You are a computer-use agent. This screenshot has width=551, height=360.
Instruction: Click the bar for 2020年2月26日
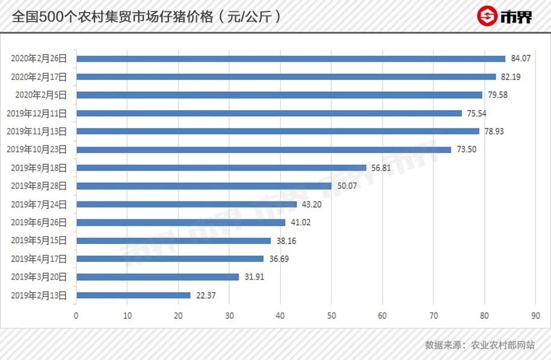(x=291, y=59)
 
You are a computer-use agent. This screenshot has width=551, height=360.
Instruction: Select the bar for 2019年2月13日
(x=133, y=295)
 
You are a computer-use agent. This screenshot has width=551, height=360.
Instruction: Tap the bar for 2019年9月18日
(x=221, y=168)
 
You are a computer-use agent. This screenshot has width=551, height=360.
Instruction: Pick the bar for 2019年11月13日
(x=277, y=131)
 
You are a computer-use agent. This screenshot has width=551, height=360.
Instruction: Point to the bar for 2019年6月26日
(x=180, y=222)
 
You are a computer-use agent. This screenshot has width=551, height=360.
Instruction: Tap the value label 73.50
(x=467, y=150)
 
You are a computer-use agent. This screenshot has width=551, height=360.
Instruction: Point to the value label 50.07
(x=347, y=186)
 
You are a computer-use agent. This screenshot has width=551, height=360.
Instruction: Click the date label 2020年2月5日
(x=41, y=95)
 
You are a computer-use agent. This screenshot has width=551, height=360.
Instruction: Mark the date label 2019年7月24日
(x=39, y=204)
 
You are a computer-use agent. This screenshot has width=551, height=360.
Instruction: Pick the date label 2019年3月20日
(x=39, y=277)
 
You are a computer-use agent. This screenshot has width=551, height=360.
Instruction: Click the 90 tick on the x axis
(x=535, y=316)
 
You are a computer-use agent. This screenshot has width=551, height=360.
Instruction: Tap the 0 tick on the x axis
(x=76, y=316)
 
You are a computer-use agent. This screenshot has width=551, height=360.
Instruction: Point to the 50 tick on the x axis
(x=331, y=316)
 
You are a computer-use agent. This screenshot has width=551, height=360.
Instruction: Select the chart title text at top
(x=147, y=17)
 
